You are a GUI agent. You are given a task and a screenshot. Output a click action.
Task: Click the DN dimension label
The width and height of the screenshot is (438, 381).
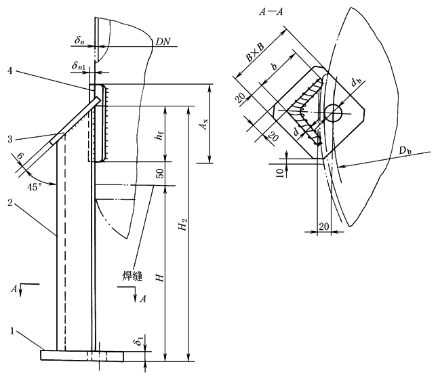coord(163,41)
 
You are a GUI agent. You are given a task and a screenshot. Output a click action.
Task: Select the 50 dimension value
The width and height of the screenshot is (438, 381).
coord(160,174)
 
